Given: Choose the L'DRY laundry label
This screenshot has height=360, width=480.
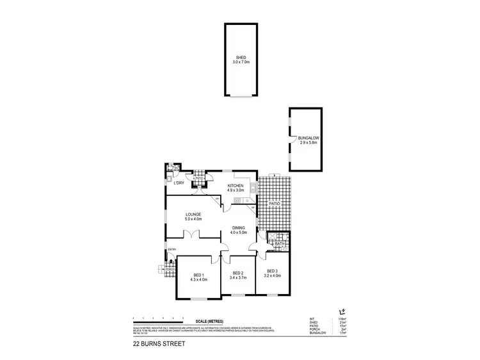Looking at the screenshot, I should coord(179,184).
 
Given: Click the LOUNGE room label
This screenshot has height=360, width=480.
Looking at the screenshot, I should coord(193,215).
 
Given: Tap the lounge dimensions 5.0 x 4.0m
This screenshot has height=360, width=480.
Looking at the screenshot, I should coord(193,220).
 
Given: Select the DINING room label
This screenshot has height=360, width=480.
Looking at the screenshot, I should coord(238,228).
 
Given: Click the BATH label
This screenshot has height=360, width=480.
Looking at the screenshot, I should coord(279,244).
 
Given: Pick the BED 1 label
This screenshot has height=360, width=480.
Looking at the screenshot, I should coord(198,275).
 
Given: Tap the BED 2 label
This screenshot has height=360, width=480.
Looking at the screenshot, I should coord(238,274).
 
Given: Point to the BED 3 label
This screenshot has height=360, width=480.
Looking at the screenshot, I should coord(272,270).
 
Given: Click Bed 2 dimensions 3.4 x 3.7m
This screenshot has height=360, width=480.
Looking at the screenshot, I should coord(238,279).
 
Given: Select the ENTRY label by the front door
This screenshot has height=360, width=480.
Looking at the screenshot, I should coord(172,249).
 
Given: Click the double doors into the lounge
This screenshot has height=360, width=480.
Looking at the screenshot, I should coord(192,236).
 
